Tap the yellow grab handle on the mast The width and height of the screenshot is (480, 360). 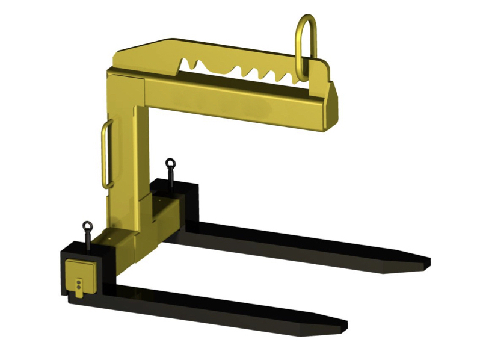point(106,154)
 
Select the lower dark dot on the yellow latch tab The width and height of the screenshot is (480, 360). point(79,288)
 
